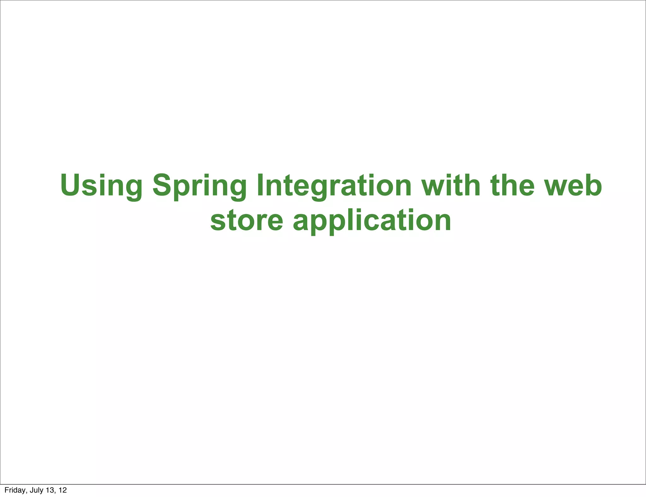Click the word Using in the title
[x=101, y=186]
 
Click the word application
[x=372, y=221]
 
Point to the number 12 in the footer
[x=63, y=490]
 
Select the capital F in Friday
[x=6, y=490]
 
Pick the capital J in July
[x=31, y=490]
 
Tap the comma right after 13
[x=54, y=492]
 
